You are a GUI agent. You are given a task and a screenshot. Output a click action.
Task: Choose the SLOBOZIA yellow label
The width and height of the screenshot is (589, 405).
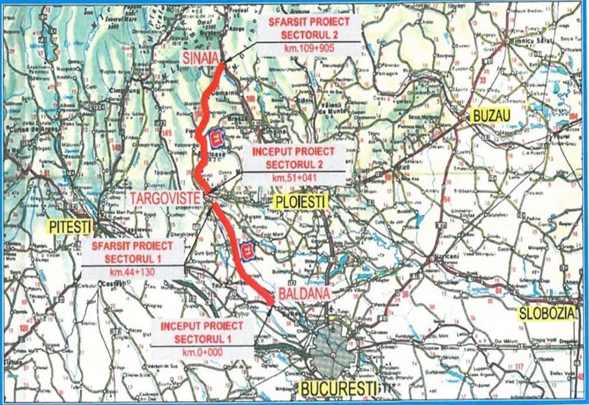click(x=545, y=314)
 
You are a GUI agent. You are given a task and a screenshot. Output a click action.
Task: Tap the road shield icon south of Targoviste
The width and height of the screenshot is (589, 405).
click(x=247, y=251)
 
